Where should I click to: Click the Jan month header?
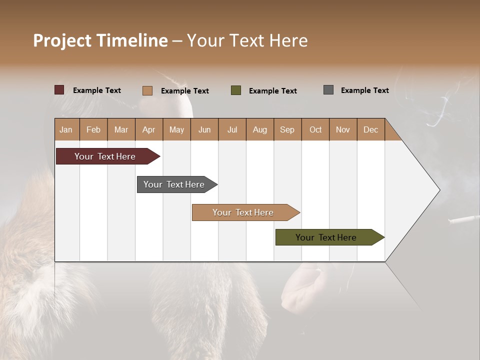coord(66,129)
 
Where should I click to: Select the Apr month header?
coord(148,129)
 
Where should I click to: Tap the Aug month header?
coord(259,129)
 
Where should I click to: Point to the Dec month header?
coord(370,129)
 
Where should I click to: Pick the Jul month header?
coord(232,129)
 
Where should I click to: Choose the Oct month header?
coord(315,129)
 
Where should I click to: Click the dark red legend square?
coord(59,90)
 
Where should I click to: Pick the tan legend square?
coord(147,90)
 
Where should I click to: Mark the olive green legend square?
coord(235,90)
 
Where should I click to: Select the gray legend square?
coord(328,90)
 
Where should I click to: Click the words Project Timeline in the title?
coord(100,40)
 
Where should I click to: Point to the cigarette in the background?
coord(463,218)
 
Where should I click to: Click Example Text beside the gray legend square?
coord(364,90)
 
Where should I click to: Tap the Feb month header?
coord(93,129)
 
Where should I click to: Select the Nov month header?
coord(343,129)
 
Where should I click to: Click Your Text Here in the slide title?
coord(247,40)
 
